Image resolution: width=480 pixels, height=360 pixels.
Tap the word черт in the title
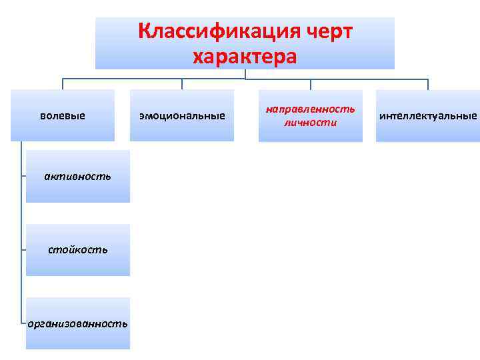coord(324,31)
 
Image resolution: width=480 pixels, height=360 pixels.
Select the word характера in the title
coord(245,57)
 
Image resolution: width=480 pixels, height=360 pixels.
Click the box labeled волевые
coord(63,115)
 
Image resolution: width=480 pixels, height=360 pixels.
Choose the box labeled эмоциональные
coord(182,115)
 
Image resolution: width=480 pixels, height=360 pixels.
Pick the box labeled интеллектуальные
coord(428,115)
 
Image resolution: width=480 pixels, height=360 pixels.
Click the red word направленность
coord(311,108)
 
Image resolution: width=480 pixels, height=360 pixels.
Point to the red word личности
coord(311,123)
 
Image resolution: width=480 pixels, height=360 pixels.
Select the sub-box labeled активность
coord(77,177)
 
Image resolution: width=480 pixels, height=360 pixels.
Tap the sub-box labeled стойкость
coord(77,250)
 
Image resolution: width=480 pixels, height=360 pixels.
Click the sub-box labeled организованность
coord(77,323)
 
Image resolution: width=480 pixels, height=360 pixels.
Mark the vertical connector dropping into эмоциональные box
coord(182,84)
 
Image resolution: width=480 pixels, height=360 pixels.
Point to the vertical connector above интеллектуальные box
coord(428,84)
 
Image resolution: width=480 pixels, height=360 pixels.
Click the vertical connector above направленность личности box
coord(311,84)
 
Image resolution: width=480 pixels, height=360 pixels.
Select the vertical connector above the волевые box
coord(63,84)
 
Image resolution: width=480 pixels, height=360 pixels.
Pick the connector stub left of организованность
coord(23,324)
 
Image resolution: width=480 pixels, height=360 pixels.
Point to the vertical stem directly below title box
coord(245,74)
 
